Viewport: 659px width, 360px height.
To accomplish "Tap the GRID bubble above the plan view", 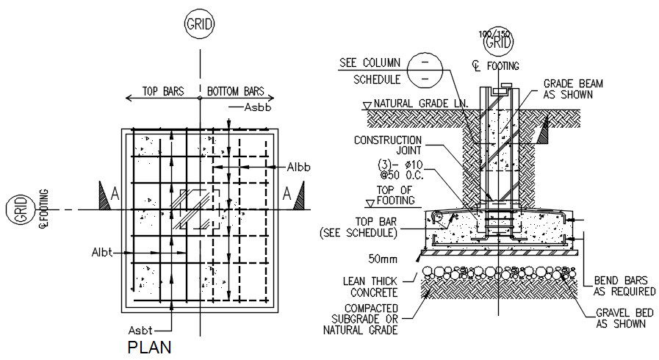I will tap(199, 24).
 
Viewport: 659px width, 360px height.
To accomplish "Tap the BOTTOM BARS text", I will tap(235, 93).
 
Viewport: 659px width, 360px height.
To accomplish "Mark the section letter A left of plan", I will tap(115, 194).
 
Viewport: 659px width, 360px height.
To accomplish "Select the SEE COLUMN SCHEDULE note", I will tap(369, 71).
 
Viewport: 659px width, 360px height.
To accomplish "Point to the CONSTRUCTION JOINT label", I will tap(388, 146).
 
